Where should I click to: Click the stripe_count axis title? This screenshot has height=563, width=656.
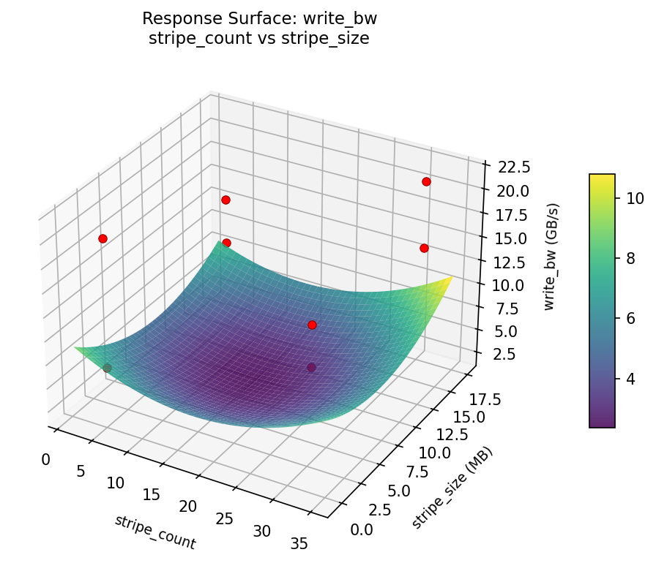click(x=154, y=532)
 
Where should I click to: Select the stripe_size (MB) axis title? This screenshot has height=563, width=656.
click(x=452, y=488)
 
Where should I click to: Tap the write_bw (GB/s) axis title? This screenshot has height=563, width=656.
click(x=549, y=257)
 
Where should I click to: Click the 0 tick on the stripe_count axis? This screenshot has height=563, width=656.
click(x=46, y=459)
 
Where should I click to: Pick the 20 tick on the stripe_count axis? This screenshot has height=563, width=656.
click(x=188, y=507)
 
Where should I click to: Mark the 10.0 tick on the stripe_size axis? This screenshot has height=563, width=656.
click(x=434, y=452)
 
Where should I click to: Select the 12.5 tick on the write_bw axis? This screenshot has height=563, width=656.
click(x=507, y=262)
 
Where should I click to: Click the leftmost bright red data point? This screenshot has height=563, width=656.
click(x=102, y=238)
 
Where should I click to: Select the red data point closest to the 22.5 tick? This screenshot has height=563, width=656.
click(x=426, y=181)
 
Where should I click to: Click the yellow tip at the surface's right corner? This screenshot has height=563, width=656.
click(x=450, y=279)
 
